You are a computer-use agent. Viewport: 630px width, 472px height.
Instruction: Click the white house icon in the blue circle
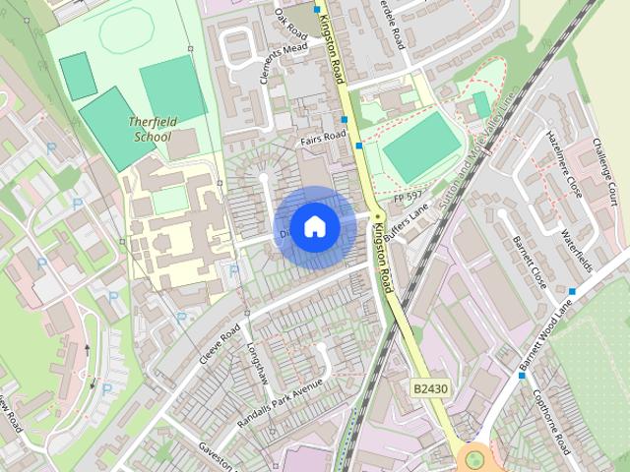314,226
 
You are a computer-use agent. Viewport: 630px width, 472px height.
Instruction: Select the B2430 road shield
431,389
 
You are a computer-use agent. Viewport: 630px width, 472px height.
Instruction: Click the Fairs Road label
325,136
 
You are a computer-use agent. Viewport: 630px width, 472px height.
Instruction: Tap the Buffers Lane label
407,224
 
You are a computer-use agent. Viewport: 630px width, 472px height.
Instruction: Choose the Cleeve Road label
220,343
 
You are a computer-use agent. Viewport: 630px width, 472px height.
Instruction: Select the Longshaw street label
258,362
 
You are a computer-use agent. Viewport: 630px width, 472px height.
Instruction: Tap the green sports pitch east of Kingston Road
421,147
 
